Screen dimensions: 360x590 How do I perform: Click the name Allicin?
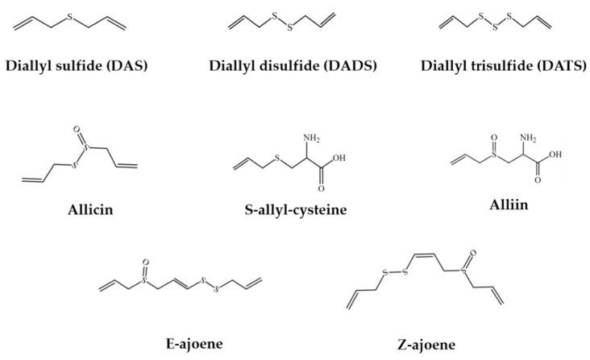79,192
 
